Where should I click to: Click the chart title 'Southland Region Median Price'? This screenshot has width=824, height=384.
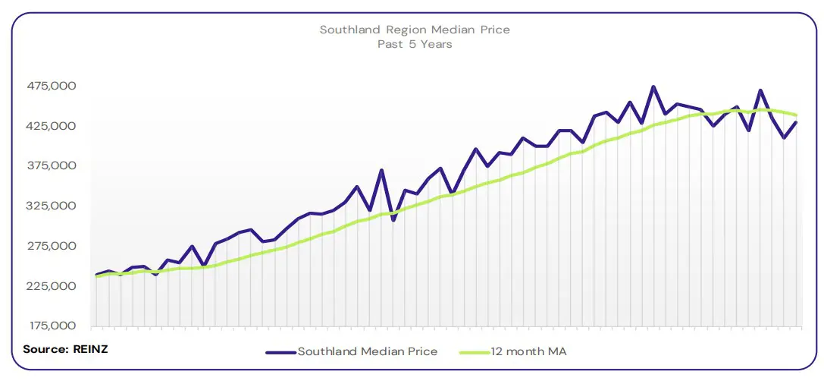click(x=415, y=30)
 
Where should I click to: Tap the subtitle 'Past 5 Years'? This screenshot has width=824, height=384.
click(x=415, y=44)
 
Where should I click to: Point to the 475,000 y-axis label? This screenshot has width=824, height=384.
click(x=52, y=86)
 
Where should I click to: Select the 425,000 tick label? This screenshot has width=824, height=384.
click(x=52, y=126)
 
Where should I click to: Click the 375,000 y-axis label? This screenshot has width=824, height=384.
click(x=52, y=166)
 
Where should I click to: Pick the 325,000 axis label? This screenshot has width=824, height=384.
click(x=52, y=206)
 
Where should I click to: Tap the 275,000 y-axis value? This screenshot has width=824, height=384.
click(x=52, y=246)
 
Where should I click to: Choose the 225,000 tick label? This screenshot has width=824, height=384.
click(x=52, y=286)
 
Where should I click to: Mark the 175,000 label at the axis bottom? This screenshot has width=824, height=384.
click(x=52, y=326)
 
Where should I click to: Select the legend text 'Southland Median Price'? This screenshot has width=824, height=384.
click(x=367, y=351)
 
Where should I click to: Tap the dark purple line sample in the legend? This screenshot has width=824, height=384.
click(x=280, y=352)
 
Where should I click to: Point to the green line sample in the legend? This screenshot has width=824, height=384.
click(x=475, y=352)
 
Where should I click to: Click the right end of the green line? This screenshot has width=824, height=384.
click(x=796, y=115)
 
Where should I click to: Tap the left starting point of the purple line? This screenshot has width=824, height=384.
click(x=97, y=275)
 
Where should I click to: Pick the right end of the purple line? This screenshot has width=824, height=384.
click(x=796, y=122)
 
